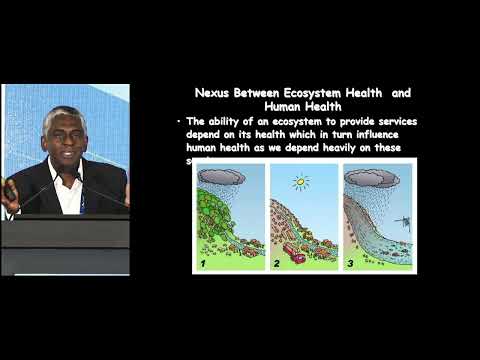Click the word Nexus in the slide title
coord(214,93)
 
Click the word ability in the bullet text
coord(222,120)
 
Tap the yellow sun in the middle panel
coord(301,183)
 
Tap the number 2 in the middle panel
coord(276,264)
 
